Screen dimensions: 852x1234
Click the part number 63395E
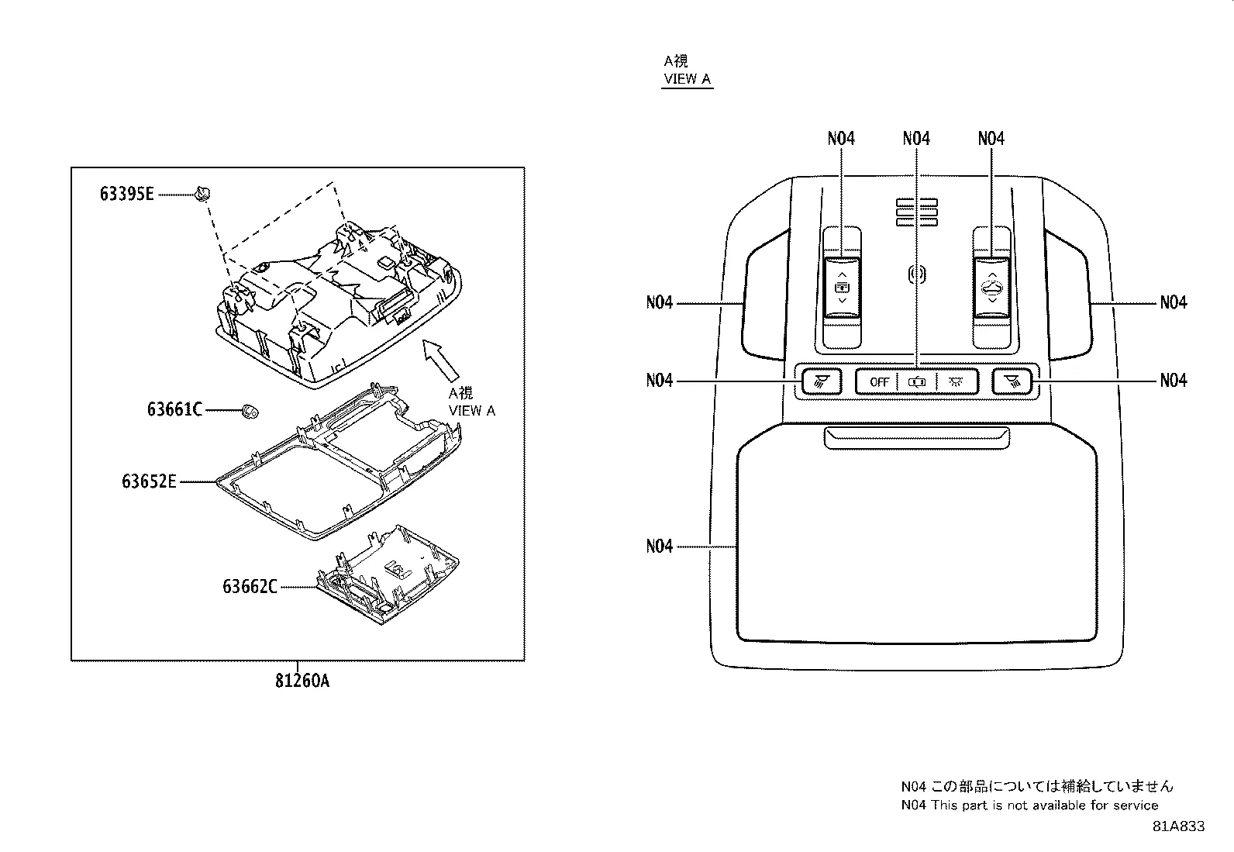[126, 194]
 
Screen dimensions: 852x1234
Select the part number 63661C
[174, 409]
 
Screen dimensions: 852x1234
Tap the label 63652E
[149, 481]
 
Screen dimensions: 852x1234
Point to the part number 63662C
[250, 587]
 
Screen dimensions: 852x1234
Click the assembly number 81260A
[302, 681]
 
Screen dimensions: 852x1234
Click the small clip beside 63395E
[204, 192]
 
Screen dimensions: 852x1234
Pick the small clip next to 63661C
[250, 409]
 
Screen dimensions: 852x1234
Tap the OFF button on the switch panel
[878, 381]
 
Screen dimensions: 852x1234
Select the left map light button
[822, 381]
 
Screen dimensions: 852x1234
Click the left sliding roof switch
[842, 288]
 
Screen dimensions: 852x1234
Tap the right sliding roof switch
[992, 288]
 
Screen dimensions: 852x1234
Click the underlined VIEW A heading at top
[687, 79]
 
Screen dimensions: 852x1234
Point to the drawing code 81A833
[1178, 826]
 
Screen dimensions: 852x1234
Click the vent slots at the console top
[917, 211]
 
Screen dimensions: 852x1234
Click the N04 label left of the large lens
[660, 547]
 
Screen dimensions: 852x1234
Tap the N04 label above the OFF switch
[916, 139]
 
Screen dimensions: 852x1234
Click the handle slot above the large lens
[917, 437]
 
